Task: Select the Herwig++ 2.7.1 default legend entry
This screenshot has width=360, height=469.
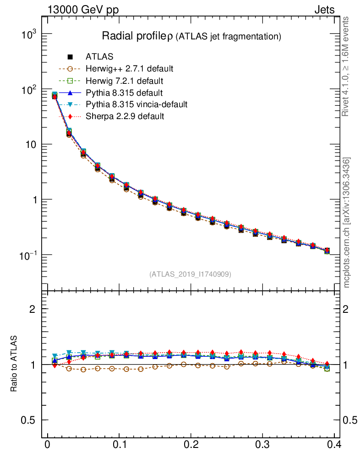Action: (129, 69)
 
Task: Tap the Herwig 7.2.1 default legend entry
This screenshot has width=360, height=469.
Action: (124, 81)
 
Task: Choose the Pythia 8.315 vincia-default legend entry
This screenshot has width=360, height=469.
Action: (136, 104)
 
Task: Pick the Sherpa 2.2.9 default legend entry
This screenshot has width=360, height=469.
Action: (125, 116)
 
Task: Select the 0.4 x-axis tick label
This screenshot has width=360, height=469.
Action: (333, 445)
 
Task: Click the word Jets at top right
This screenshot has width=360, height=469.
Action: (324, 10)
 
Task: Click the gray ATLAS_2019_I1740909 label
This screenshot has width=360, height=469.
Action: (190, 274)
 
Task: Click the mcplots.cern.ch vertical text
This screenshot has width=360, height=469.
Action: (347, 222)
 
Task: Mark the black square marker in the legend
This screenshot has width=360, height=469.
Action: (71, 57)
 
